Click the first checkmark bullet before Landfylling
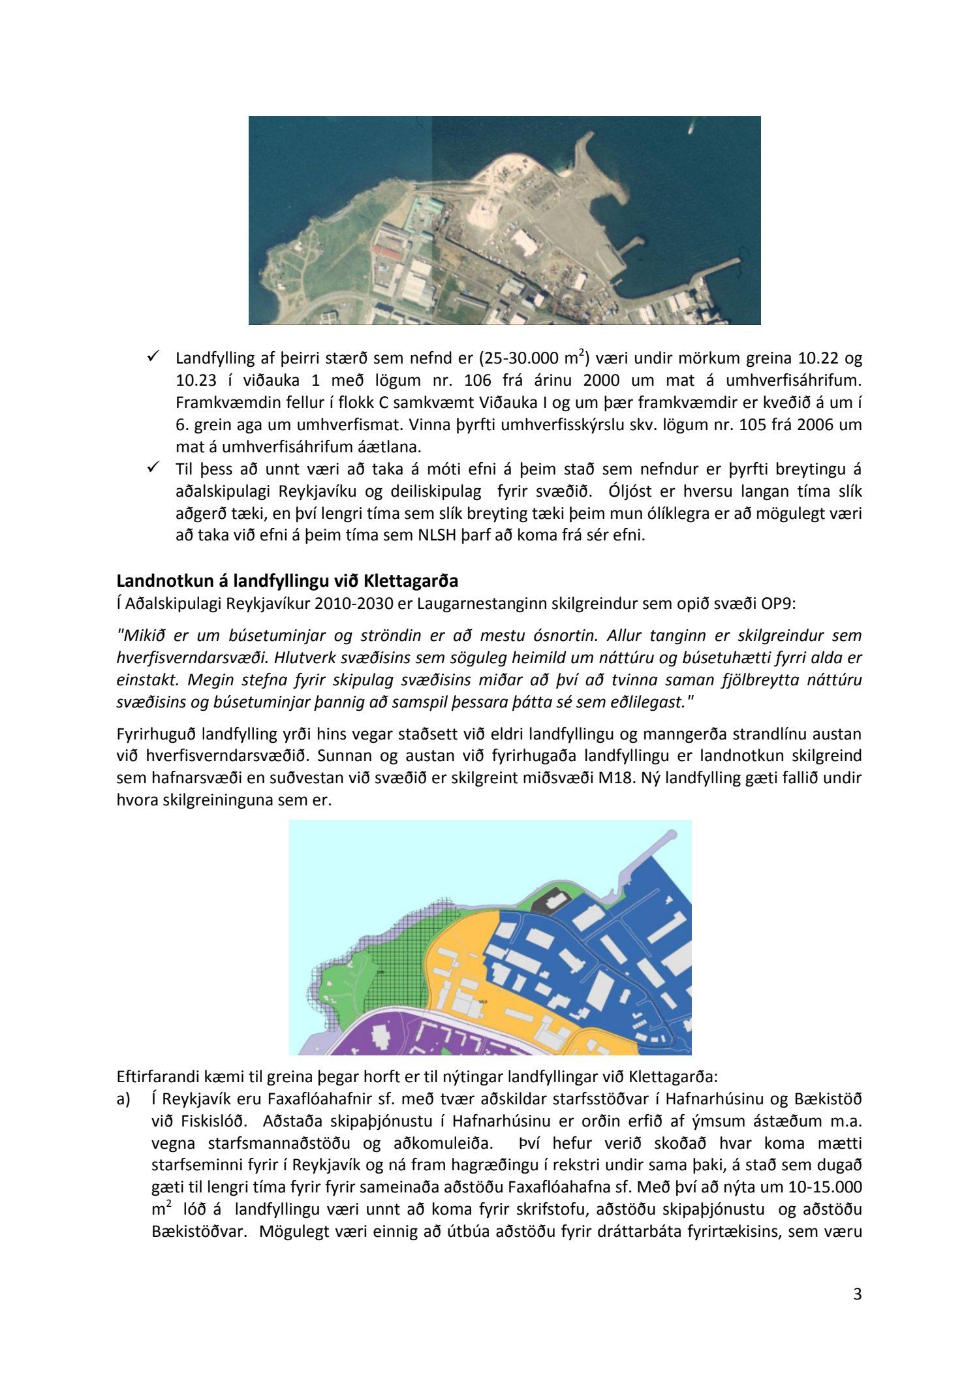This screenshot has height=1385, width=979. tap(153, 356)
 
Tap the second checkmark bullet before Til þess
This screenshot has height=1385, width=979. tap(153, 467)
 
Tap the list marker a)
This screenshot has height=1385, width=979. tap(124, 1100)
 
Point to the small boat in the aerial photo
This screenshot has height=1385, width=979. tap(691, 129)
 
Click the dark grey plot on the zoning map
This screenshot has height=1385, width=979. tap(547, 903)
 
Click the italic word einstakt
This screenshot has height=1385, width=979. tap(146, 679)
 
